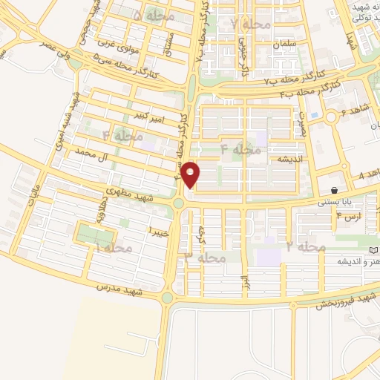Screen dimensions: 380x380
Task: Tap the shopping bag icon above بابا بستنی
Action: tap(335, 191)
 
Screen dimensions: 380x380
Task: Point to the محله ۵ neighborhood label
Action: tap(154, 15)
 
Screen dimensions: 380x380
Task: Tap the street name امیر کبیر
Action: tap(150, 117)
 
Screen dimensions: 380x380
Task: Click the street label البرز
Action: tap(243, 283)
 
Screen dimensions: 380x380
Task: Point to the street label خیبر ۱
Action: tap(160, 232)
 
